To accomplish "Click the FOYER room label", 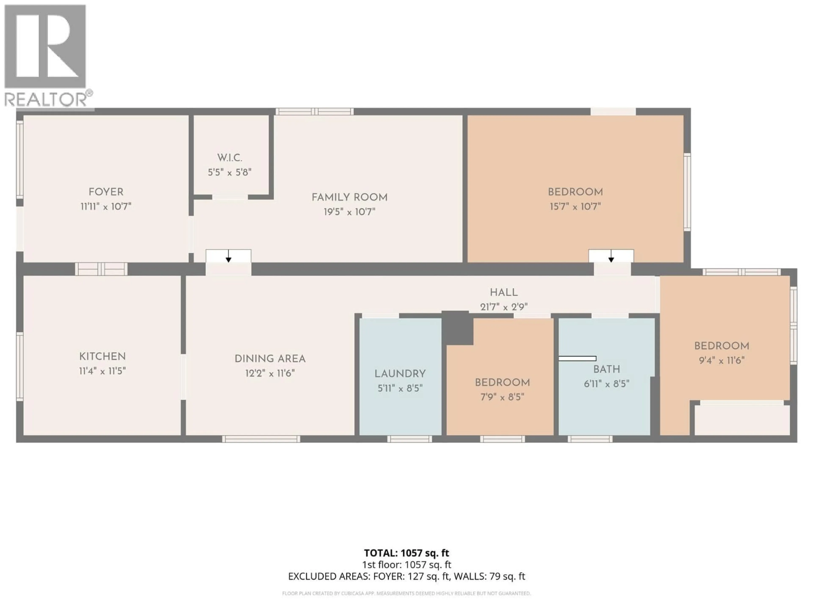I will [106, 192].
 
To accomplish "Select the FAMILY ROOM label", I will [349, 197].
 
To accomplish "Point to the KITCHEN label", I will [102, 356].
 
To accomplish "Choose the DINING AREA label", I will [270, 359].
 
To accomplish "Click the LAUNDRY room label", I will [400, 374].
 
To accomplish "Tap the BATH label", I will [606, 369].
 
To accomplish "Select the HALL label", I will [503, 293].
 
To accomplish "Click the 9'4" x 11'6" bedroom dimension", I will [722, 360].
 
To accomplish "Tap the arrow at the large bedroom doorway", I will [611, 256].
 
